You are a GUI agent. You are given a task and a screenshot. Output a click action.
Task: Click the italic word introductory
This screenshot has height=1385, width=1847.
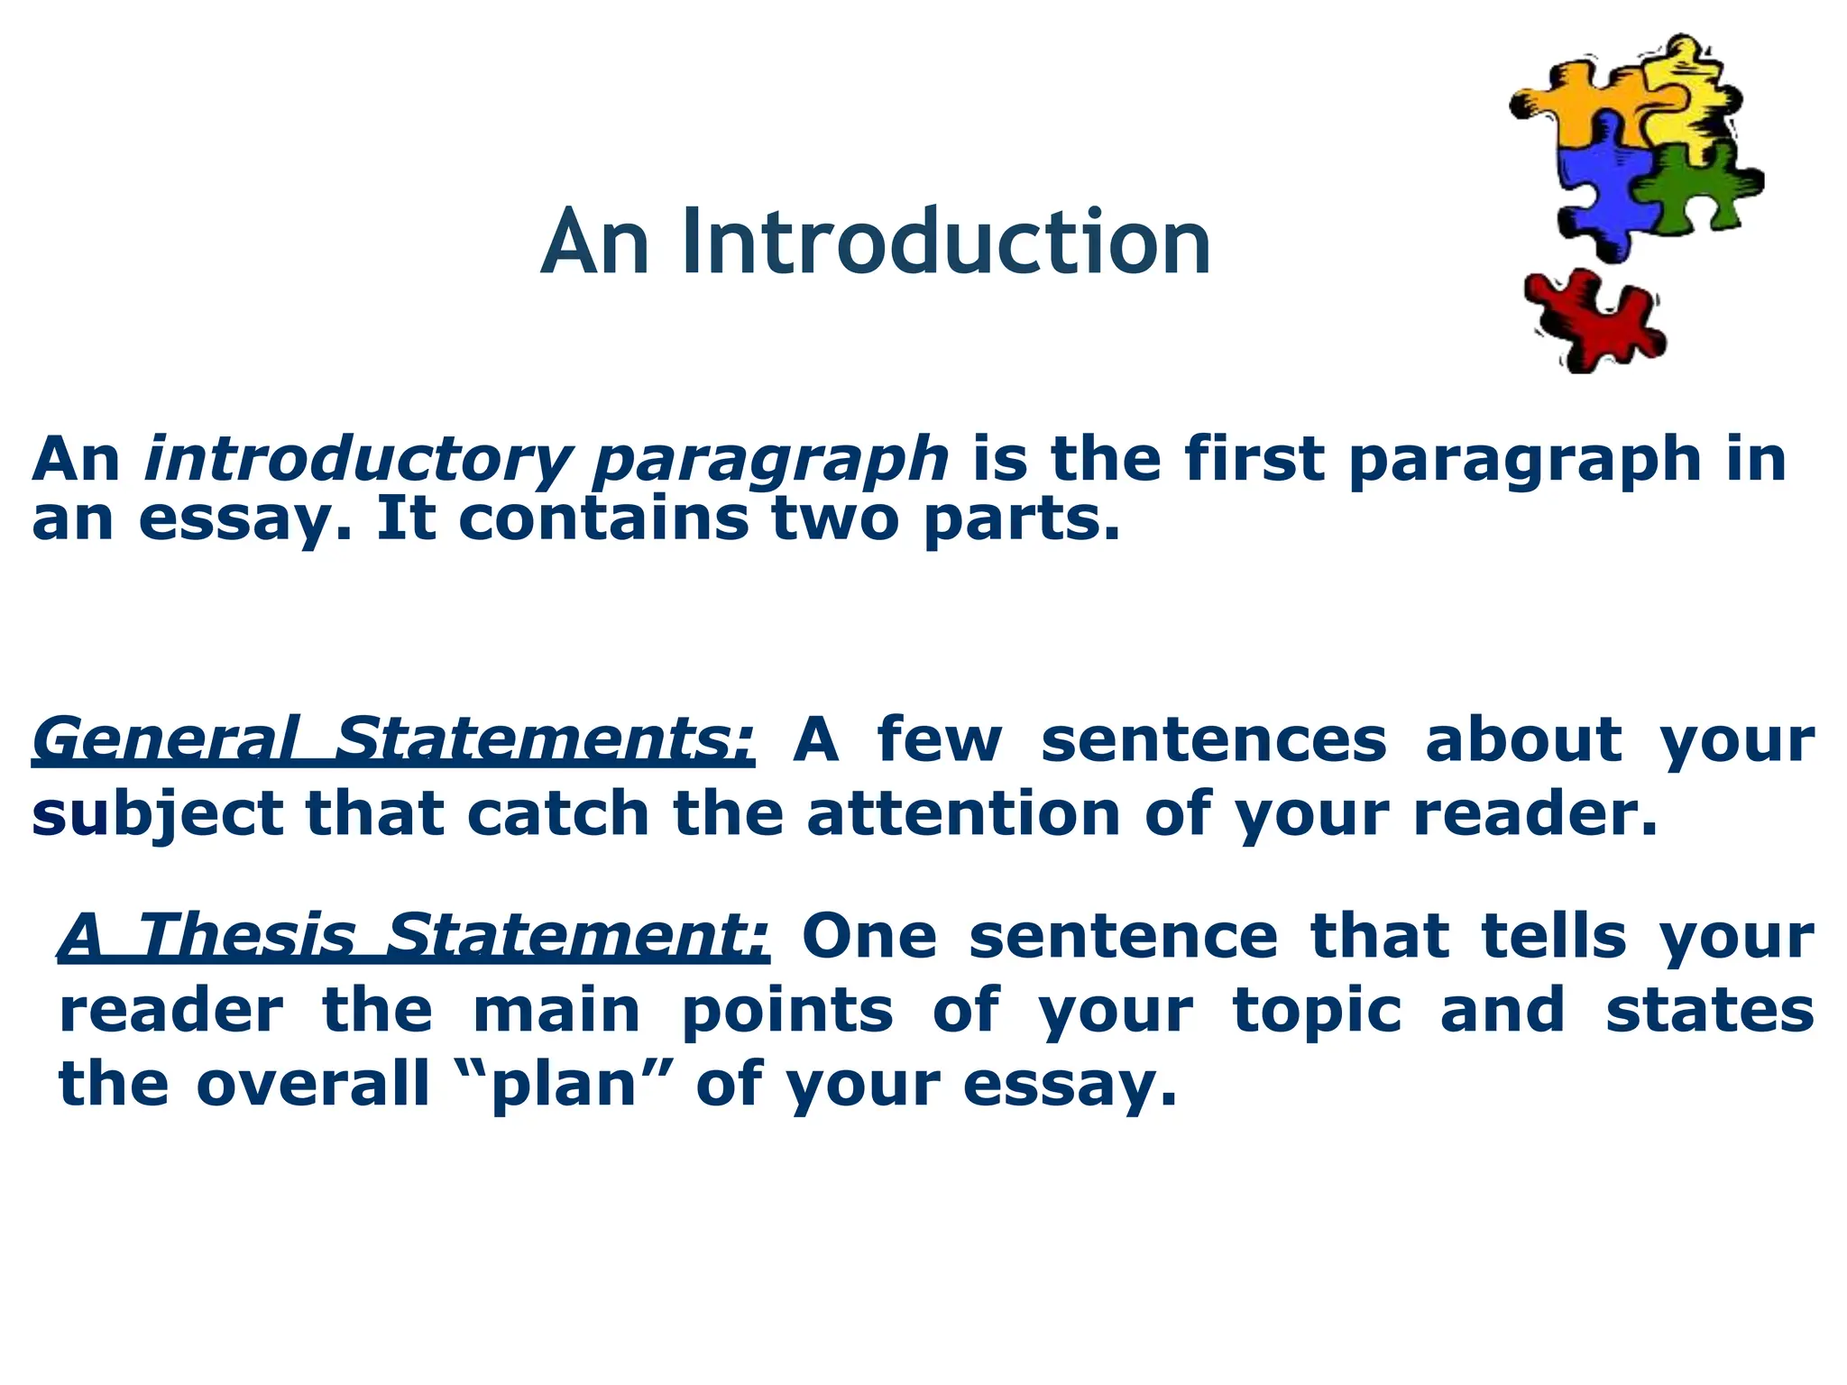click(357, 461)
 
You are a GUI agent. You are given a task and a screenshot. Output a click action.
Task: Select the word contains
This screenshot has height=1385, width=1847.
click(603, 520)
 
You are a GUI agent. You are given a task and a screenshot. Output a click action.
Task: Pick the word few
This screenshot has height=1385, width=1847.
click(939, 740)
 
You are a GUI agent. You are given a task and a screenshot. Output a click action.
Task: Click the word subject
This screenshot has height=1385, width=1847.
click(158, 815)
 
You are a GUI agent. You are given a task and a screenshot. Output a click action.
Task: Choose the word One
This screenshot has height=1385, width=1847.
click(869, 937)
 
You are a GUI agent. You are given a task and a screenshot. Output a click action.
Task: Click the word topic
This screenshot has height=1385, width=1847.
click(1318, 1012)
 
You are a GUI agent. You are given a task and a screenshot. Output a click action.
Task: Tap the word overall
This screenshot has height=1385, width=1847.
click(312, 1084)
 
